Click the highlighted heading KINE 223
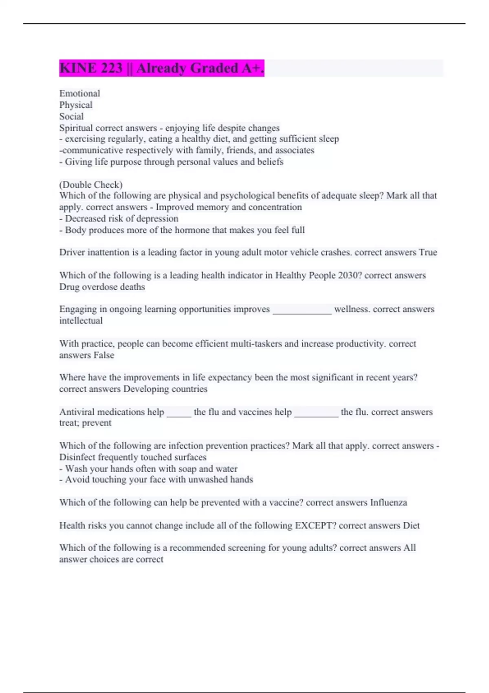coord(161,68)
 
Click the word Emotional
coord(79,93)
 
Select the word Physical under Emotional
coord(76,105)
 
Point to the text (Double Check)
coord(91,185)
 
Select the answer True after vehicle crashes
coord(428,252)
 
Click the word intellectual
coord(81,321)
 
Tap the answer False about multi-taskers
coord(104,355)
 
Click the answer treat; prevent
coord(85,423)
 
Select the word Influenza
coord(388,503)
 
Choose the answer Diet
coord(411,525)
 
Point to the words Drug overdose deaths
coord(102,287)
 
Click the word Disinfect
coord(77,457)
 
